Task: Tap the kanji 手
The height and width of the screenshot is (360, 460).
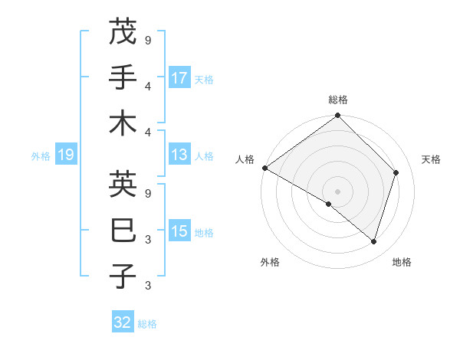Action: click(123, 77)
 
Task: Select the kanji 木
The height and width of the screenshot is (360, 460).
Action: click(123, 123)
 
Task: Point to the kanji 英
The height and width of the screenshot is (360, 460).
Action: click(123, 185)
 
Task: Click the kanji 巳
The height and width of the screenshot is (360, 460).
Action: click(123, 231)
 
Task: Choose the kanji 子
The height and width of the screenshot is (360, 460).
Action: click(123, 277)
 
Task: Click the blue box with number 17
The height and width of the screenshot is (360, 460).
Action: click(179, 78)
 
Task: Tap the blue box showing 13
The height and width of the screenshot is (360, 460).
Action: click(179, 155)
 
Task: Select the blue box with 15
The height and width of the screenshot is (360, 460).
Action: click(179, 232)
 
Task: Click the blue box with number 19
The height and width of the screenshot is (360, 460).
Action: click(65, 155)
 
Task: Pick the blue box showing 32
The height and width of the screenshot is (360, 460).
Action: click(123, 322)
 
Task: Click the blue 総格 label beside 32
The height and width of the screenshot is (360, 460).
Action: click(147, 324)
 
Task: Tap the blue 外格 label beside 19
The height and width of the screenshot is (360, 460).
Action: click(41, 156)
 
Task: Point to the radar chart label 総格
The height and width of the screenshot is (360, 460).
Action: click(338, 100)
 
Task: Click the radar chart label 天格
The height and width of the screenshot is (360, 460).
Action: click(431, 159)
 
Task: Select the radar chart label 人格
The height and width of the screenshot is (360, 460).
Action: click(245, 159)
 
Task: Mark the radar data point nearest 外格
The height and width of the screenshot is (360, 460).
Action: click(329, 204)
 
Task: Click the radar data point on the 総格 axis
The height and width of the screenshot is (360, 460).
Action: click(338, 116)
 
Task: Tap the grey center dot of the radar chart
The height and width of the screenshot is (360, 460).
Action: click(338, 191)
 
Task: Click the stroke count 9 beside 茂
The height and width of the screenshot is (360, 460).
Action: click(147, 39)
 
